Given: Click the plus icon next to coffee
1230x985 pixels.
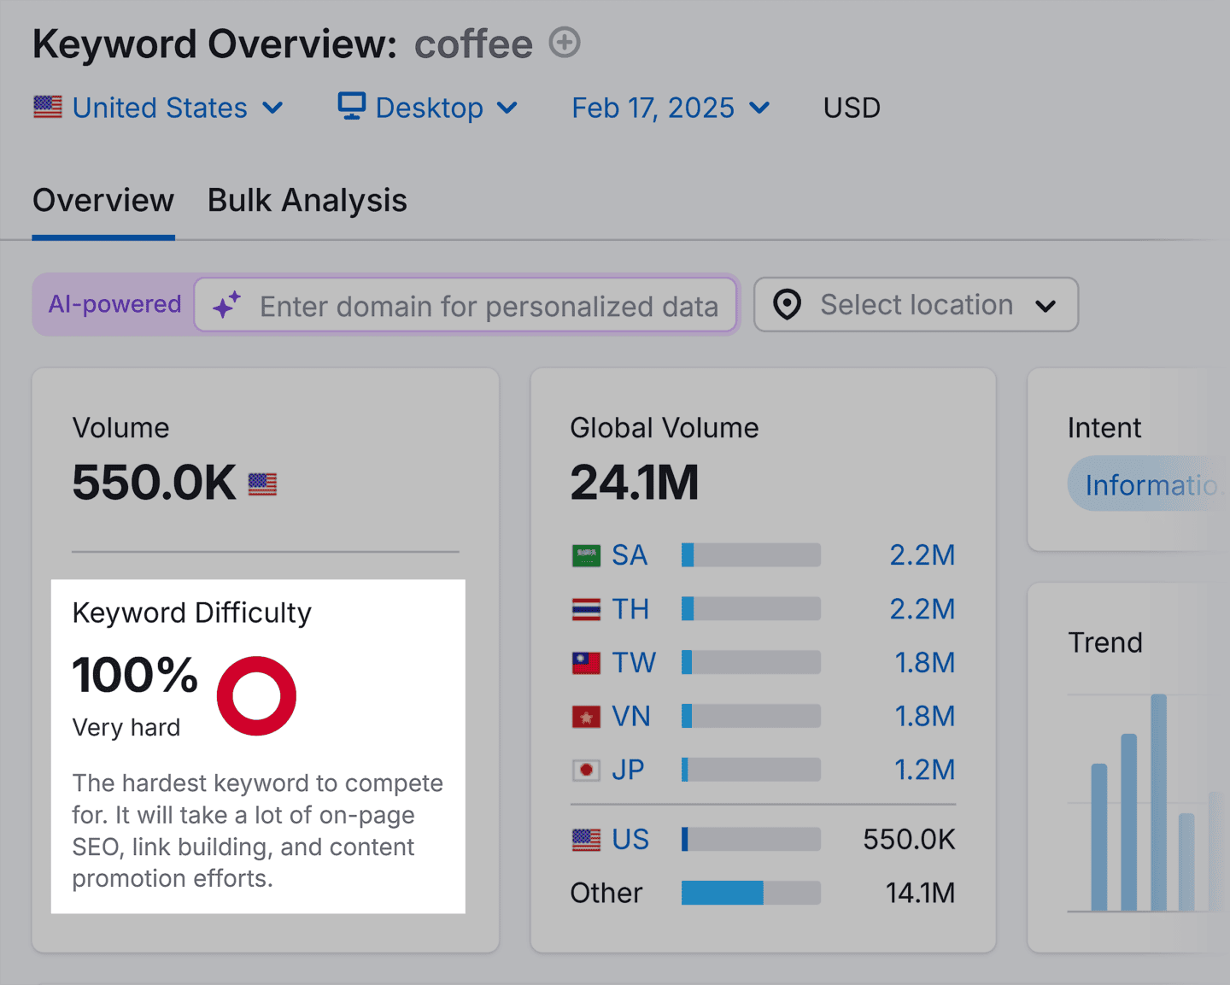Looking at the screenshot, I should tap(565, 42).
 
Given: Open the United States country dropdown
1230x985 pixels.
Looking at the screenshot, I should tap(159, 108).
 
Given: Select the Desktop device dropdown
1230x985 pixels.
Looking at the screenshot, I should tap(428, 108).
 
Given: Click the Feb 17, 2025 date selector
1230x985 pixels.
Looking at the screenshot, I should tap(671, 108).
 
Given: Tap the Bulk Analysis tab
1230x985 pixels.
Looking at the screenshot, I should tap(307, 201).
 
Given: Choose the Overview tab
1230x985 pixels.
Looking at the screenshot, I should tap(103, 201).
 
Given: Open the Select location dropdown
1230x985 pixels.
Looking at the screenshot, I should tap(916, 305).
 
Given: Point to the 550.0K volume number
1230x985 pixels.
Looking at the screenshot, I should tap(154, 483).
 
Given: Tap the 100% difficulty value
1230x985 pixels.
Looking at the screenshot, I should tap(135, 675).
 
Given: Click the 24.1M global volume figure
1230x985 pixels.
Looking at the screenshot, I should tap(634, 483).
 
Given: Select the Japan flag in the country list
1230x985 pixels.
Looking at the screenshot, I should tap(586, 771).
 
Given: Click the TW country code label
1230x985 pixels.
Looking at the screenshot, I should tap(634, 663).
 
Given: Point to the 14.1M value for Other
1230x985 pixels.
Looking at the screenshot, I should tap(920, 893).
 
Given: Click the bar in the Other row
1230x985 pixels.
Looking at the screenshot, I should tap(751, 893).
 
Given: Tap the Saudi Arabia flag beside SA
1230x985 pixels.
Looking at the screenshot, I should tap(586, 556).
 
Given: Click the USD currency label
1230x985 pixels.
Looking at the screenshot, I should tap(852, 108).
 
